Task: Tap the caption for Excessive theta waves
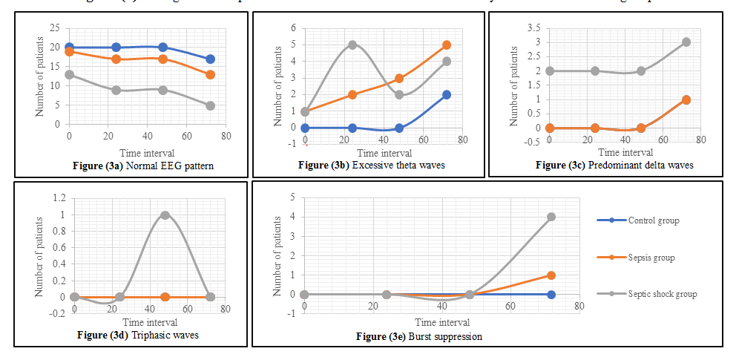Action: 371,166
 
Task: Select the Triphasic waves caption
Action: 137,335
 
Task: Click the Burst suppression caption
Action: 419,336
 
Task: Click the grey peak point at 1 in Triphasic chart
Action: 165,215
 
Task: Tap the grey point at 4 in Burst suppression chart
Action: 551,217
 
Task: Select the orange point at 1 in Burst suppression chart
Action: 551,275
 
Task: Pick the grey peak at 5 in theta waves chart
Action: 352,45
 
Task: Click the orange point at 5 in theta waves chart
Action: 446,45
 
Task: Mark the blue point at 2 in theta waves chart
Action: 446,95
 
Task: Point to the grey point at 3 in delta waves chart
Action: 686,42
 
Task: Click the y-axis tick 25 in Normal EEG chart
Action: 55,28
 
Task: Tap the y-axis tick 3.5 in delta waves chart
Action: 533,28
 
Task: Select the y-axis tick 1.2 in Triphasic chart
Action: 59,198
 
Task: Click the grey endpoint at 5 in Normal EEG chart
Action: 211,105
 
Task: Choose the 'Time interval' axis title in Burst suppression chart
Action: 442,323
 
